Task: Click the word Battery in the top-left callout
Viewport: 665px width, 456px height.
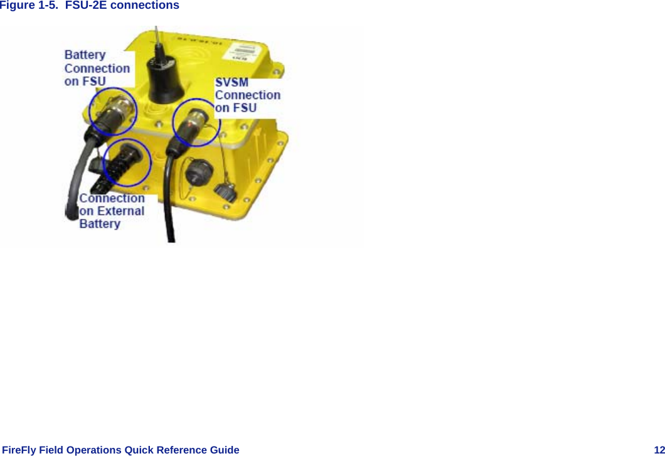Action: tap(85, 55)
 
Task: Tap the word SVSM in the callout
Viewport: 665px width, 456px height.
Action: tap(232, 82)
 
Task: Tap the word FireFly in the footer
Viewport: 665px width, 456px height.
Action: tap(19, 450)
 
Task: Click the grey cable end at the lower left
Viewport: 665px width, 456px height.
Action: tap(70, 209)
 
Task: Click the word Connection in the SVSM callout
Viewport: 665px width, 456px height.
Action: tap(248, 95)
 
